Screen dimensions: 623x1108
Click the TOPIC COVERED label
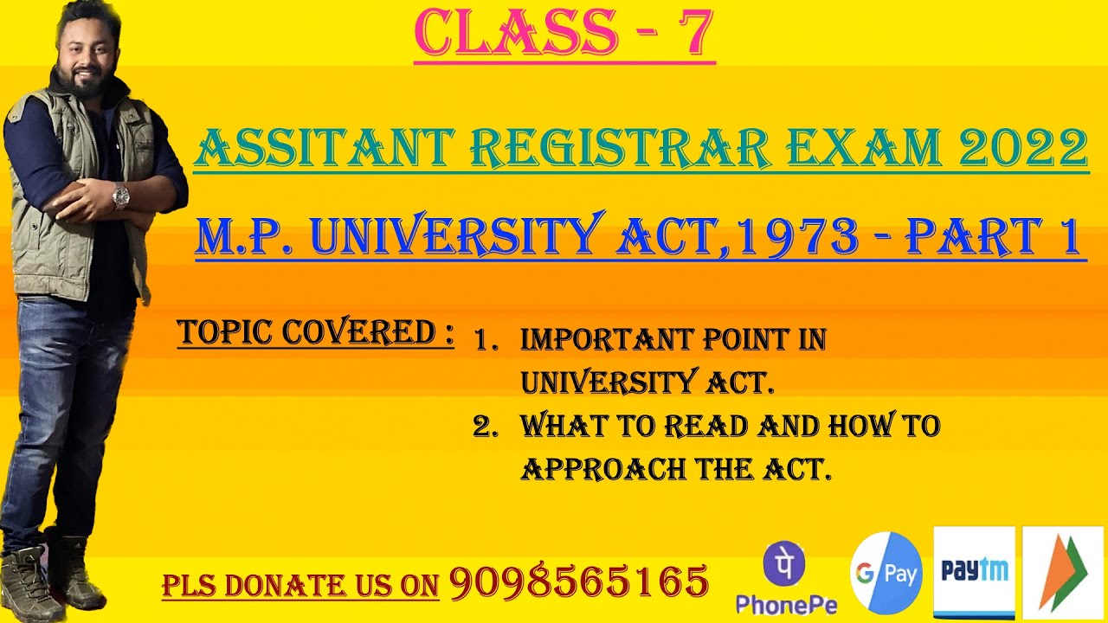pos(315,332)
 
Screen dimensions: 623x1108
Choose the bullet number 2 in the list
pos(483,427)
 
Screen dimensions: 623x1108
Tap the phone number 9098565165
pos(578,581)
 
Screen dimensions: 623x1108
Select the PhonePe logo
pos(785,576)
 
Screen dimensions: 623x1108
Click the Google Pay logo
pos(886,573)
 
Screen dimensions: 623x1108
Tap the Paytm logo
pos(974,571)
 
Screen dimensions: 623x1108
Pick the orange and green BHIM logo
pos(1062,572)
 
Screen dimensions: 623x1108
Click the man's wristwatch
pos(120,196)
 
